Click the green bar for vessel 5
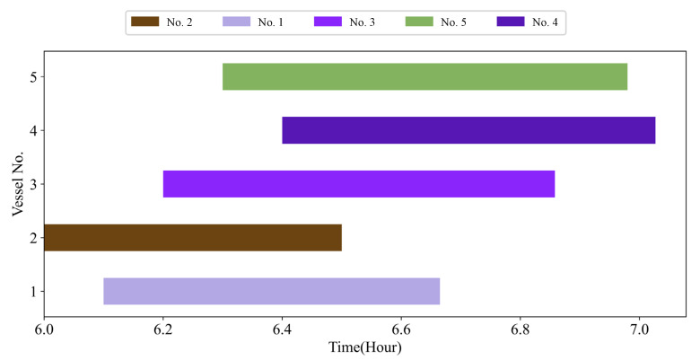pyautogui.click(x=424, y=77)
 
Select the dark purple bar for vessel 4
pyautogui.click(x=468, y=130)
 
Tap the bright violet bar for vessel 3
pyautogui.click(x=359, y=184)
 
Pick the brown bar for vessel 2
pyautogui.click(x=193, y=237)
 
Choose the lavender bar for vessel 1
pyautogui.click(x=272, y=291)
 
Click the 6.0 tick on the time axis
pyautogui.click(x=44, y=329)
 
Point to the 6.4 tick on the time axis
pyautogui.click(x=282, y=329)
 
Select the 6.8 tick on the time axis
pyautogui.click(x=520, y=329)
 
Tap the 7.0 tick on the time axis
pyautogui.click(x=639, y=329)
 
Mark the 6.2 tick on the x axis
pyautogui.click(x=163, y=329)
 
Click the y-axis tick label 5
pyautogui.click(x=31, y=77)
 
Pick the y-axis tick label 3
pyautogui.click(x=31, y=184)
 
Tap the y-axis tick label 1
pyautogui.click(x=31, y=291)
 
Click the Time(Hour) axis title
pyautogui.click(x=364, y=347)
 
